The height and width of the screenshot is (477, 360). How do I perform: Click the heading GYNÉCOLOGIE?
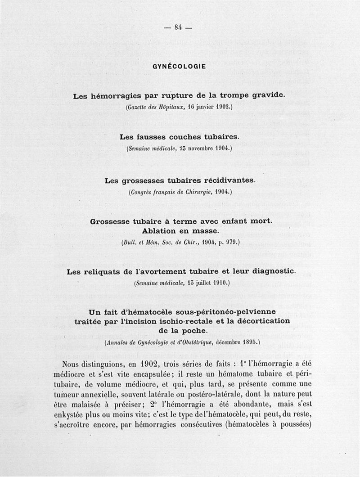point(179,66)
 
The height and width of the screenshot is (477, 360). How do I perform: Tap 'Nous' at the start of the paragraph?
point(73,364)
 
